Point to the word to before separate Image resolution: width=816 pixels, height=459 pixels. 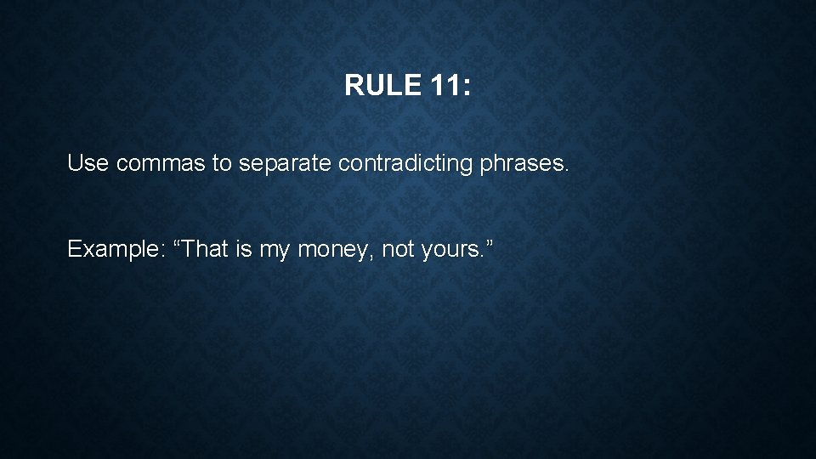coord(222,162)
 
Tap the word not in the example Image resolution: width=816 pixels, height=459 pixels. coord(397,249)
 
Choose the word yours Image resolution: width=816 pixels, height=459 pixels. coord(450,249)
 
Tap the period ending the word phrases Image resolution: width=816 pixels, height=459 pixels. coord(565,169)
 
